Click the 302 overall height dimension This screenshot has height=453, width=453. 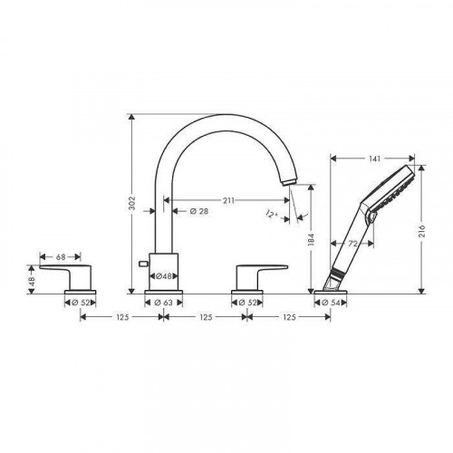pos(132,203)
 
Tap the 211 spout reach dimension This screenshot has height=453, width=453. pos(228,200)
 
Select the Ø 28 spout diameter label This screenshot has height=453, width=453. pos(199,211)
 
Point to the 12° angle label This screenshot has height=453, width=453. pos(272,214)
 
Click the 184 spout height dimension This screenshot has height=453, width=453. pos(312,239)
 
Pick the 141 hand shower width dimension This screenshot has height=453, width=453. pos(375,159)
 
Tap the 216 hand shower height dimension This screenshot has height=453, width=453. pos(422,230)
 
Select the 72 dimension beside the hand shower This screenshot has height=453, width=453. pos(353,244)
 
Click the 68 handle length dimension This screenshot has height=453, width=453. pos(61,257)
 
